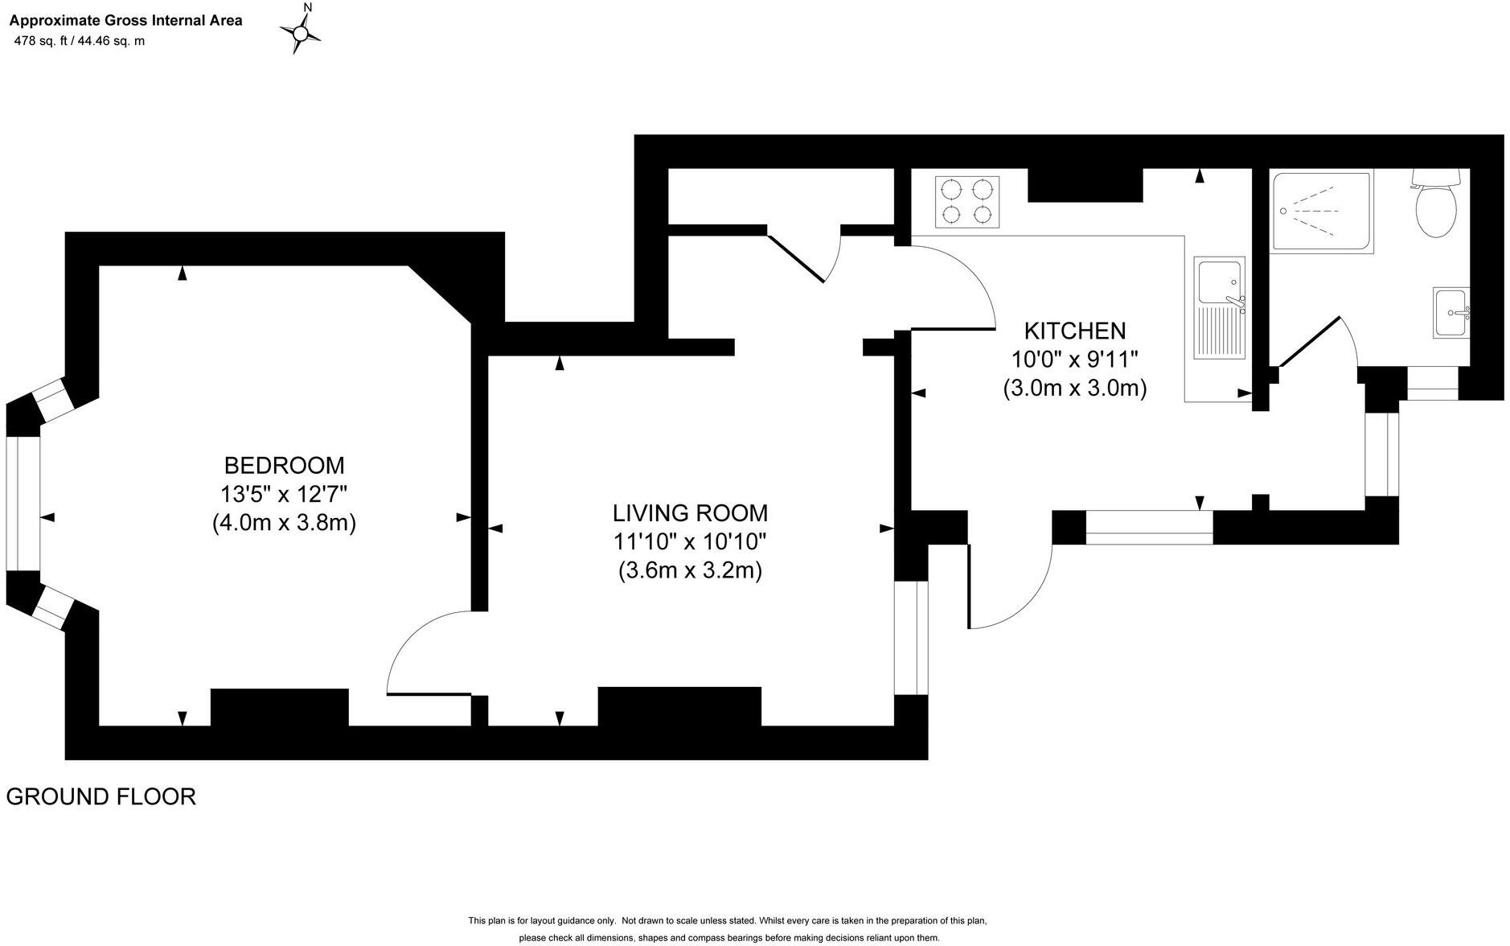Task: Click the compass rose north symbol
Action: point(301,32)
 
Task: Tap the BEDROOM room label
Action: point(284,465)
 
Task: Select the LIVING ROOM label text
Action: point(690,512)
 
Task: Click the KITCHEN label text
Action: point(1074,331)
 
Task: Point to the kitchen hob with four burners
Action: point(967,202)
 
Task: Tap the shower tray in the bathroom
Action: point(1320,212)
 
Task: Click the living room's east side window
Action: point(911,637)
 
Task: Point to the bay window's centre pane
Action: point(23,504)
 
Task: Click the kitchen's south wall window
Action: point(1149,527)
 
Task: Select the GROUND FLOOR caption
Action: point(101,796)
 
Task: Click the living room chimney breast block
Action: point(679,706)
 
